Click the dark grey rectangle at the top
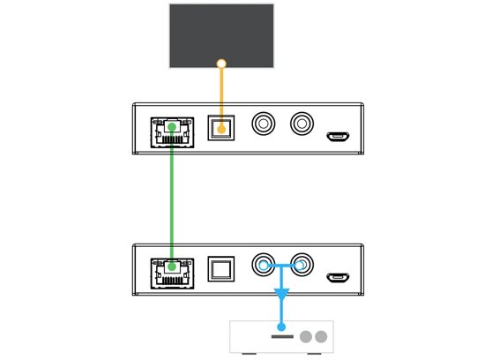[x=220, y=31]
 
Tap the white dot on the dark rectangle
[x=221, y=64]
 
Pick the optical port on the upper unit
[x=221, y=127]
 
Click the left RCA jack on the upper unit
[x=263, y=124]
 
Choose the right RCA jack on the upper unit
[x=302, y=124]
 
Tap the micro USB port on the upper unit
[x=337, y=136]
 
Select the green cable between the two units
[x=171, y=199]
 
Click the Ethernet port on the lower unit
[x=172, y=272]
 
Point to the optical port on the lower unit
[x=220, y=268]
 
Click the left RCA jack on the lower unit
[x=263, y=265]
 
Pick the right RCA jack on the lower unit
[x=302, y=265]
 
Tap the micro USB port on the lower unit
[x=337, y=277]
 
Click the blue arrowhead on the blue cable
[x=282, y=293]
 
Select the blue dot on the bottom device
[x=282, y=326]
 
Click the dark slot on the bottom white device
[x=282, y=336]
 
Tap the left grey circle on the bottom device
[x=306, y=336]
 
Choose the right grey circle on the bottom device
[x=321, y=336]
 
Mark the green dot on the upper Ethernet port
[x=172, y=127]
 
